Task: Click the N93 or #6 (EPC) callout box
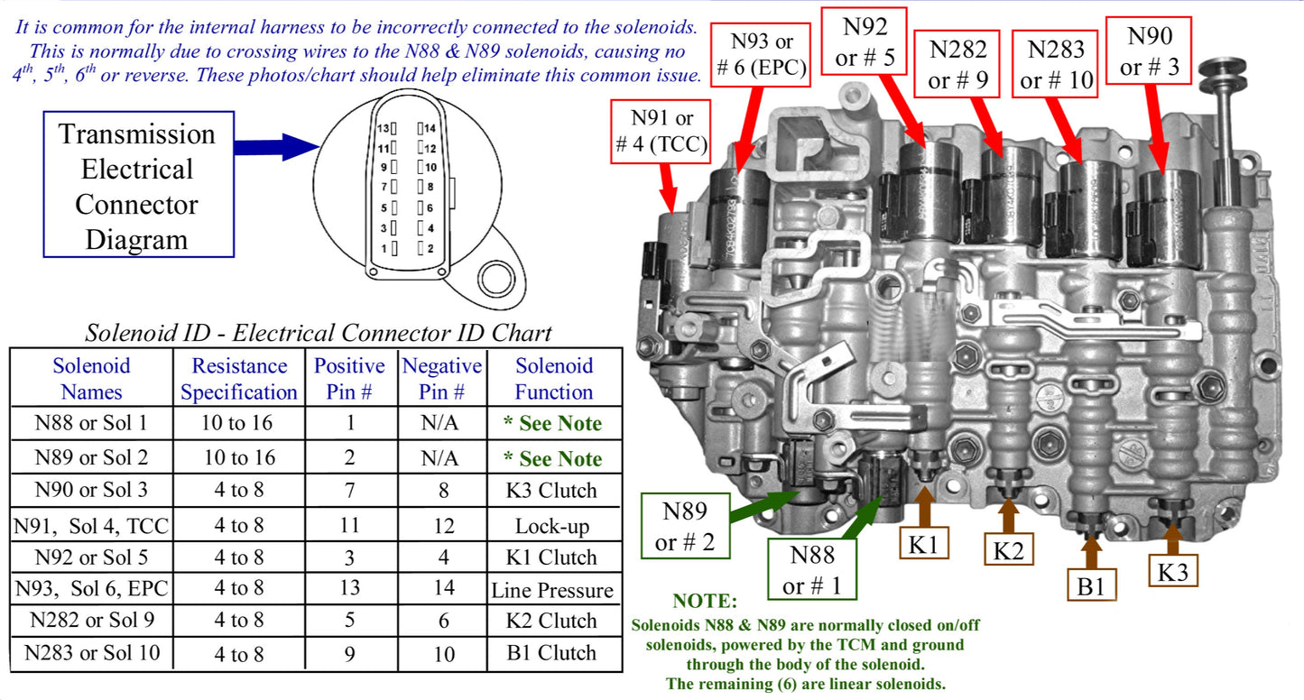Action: [759, 54]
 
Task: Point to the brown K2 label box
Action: [1008, 550]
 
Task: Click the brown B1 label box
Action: [1091, 585]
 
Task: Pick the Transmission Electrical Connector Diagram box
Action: [137, 185]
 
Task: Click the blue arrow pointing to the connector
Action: [276, 146]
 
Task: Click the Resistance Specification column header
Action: [238, 379]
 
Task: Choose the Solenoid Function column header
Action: [553, 379]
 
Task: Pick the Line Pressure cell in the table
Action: [552, 591]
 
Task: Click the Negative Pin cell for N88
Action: [440, 423]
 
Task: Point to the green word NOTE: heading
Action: [705, 601]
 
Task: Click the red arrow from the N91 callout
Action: [669, 189]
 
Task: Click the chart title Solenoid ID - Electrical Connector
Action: [318, 333]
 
